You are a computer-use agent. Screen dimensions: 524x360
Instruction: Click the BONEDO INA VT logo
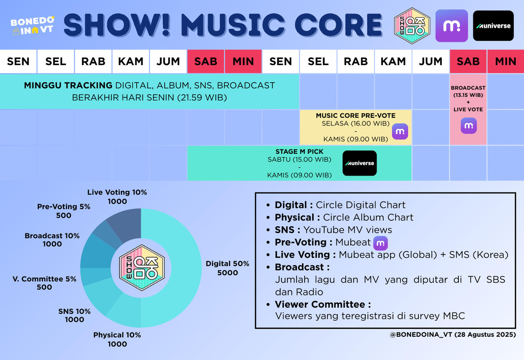[32, 25]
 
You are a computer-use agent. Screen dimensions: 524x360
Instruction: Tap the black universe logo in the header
[493, 26]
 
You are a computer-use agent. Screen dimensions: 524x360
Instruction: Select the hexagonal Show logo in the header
[412, 26]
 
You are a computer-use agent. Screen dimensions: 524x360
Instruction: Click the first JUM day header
[168, 61]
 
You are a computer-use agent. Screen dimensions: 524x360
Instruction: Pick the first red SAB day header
[206, 61]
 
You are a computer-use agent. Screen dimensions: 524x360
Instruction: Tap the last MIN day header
[506, 61]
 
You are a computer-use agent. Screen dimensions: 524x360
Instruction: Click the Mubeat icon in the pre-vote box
[400, 131]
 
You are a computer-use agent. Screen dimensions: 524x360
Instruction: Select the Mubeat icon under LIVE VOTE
[469, 126]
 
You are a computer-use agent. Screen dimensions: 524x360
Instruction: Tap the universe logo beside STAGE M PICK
[360, 163]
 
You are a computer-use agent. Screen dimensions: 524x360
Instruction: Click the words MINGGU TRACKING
[68, 85]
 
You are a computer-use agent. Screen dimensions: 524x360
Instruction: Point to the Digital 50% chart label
[227, 268]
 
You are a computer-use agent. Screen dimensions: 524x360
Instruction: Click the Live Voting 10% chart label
[117, 197]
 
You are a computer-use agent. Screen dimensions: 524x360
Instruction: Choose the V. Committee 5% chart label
[44, 283]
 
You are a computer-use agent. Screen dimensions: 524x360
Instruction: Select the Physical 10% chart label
[117, 339]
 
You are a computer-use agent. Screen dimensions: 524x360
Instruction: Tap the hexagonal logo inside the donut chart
[142, 268]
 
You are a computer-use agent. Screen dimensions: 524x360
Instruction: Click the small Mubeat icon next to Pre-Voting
[380, 243]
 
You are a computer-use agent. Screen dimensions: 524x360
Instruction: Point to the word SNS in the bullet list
[285, 230]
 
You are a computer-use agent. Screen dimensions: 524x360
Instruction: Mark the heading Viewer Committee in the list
[320, 304]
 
